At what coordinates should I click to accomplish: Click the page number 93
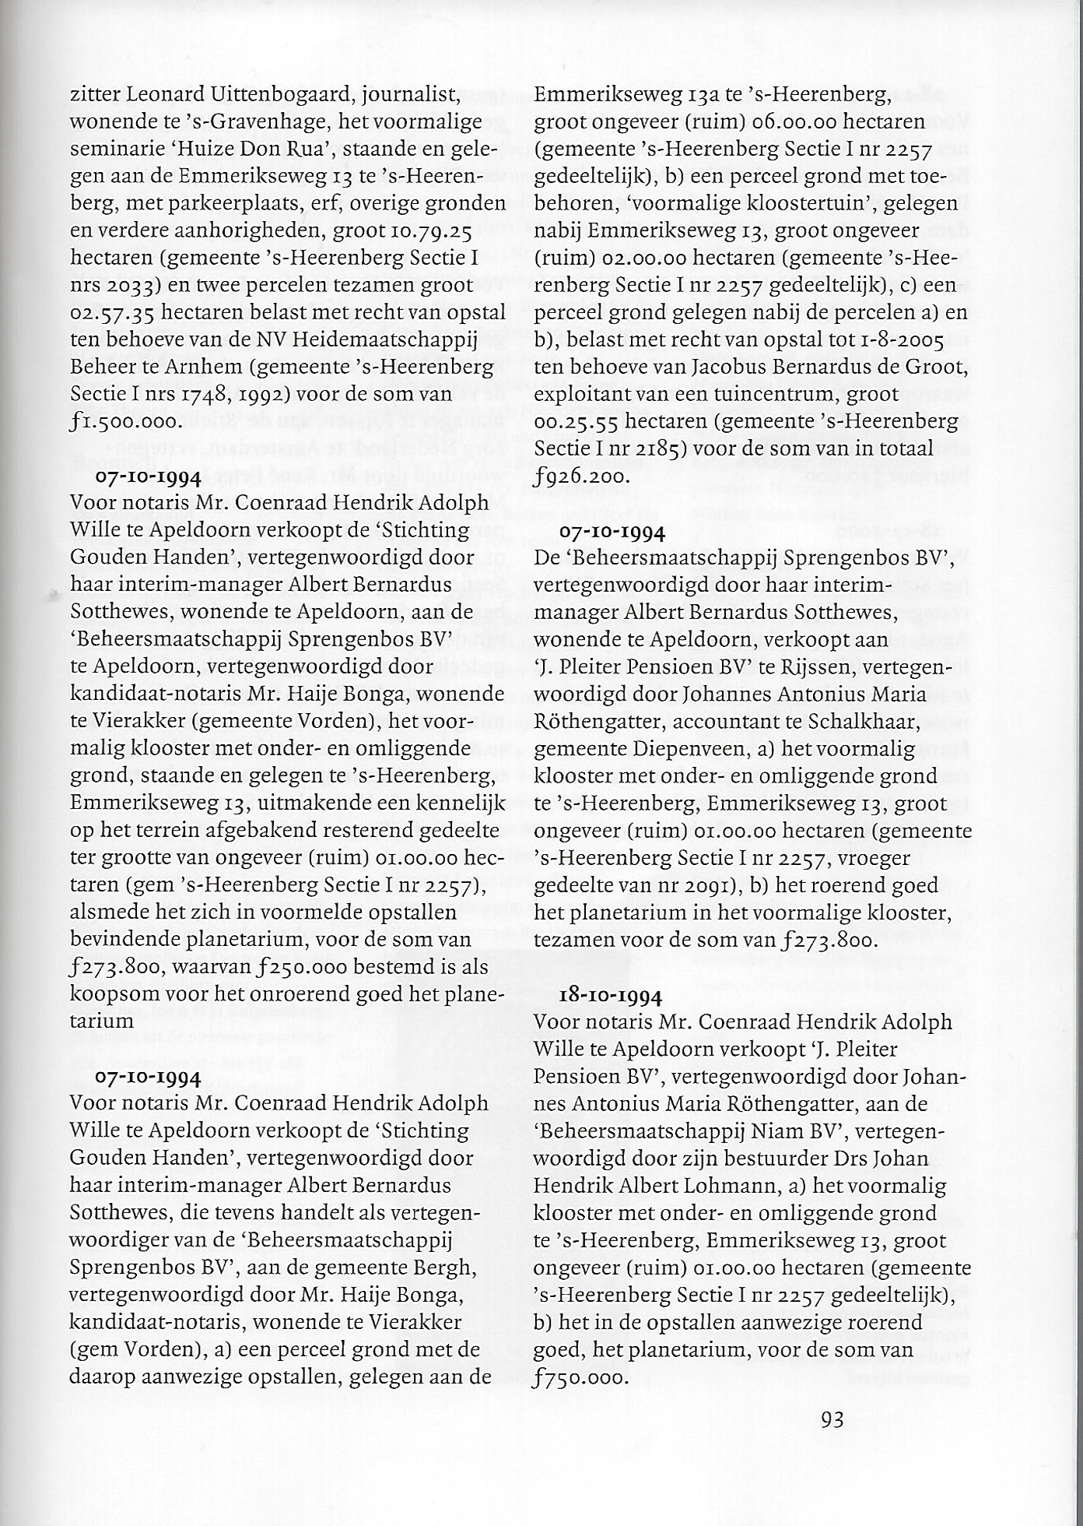832,1419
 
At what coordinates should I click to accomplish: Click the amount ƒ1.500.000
125,423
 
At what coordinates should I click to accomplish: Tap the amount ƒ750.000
580,1377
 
